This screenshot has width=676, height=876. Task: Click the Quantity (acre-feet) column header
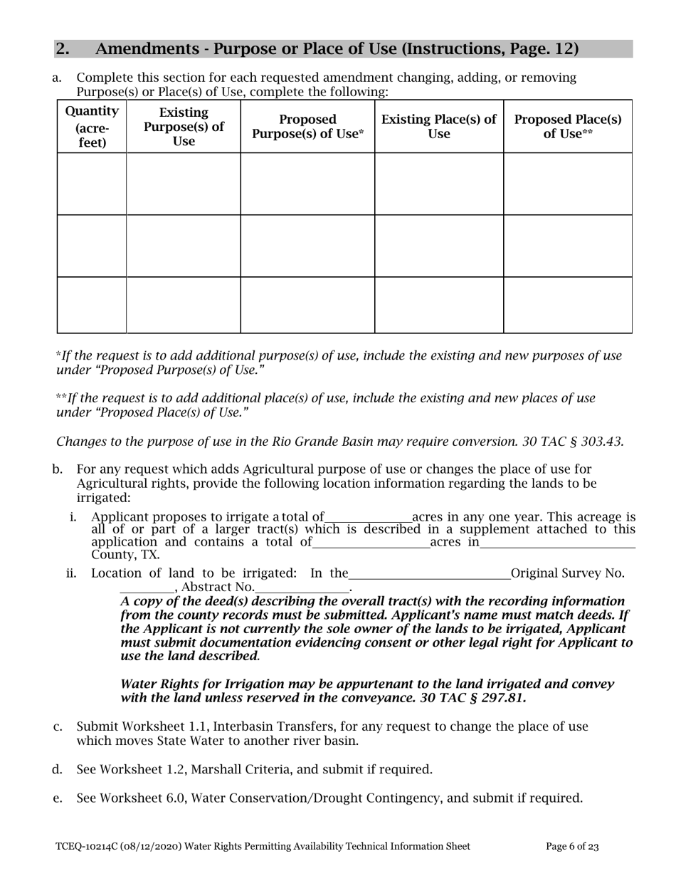92,127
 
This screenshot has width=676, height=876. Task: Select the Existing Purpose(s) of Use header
184,127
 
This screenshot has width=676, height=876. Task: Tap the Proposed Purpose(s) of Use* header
307,127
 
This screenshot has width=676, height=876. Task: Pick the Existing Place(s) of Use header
439,127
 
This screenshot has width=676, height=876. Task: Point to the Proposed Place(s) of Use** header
568,127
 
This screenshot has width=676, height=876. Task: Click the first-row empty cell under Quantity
92,184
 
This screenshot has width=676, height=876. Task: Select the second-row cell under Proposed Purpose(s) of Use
307,246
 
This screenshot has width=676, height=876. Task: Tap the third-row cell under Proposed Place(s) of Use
568,305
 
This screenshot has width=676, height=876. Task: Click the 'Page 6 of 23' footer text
572,847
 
